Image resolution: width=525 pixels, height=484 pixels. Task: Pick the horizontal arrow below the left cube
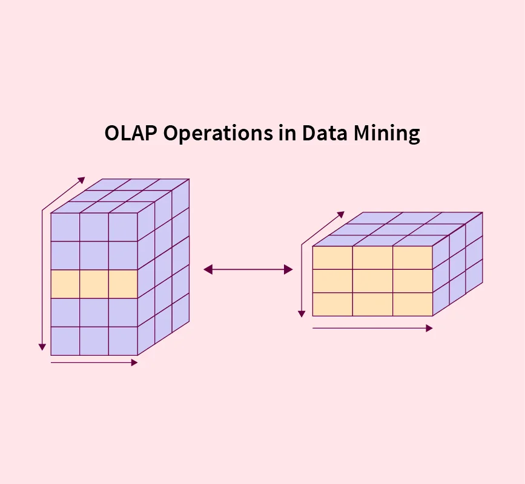(94, 362)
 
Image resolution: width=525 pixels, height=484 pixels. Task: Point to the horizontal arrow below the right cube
(372, 328)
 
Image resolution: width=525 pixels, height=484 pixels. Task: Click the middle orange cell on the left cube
(94, 284)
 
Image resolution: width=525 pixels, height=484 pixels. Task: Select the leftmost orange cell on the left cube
(65, 284)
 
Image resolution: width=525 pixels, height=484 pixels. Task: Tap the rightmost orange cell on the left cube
(123, 284)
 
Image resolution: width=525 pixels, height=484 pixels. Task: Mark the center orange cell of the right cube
(372, 281)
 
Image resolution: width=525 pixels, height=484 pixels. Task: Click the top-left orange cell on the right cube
(332, 258)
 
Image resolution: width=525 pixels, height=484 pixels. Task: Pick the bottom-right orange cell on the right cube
(412, 304)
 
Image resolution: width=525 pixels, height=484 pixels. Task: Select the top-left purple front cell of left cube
(65, 227)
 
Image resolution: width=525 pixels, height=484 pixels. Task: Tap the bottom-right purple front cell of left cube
(123, 341)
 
